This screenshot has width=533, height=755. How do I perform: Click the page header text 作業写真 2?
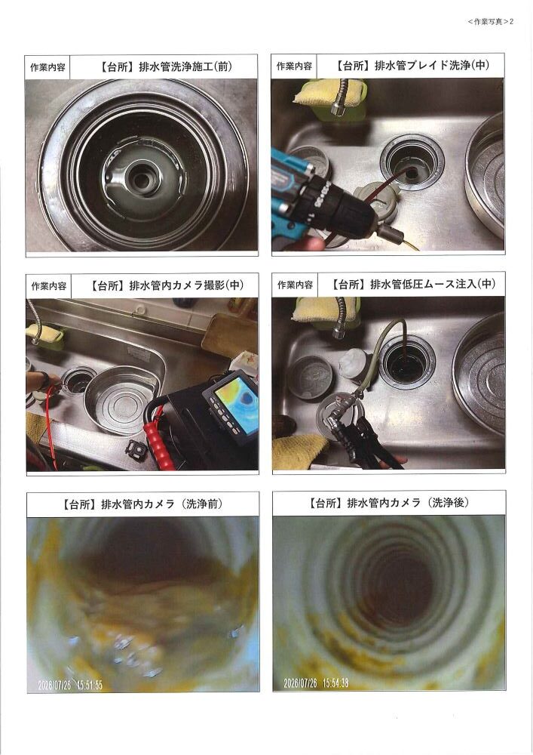(491, 22)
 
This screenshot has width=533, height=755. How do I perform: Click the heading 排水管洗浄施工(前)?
(185, 66)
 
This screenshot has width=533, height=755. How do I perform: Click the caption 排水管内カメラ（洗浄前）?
(161, 504)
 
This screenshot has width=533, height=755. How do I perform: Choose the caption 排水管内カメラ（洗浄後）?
(408, 503)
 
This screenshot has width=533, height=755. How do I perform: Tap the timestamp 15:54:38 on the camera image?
(335, 683)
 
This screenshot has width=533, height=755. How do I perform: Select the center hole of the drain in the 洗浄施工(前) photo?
(141, 180)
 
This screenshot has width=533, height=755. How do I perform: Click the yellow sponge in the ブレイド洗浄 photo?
(329, 93)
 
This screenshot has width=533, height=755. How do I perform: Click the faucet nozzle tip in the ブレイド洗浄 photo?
(338, 109)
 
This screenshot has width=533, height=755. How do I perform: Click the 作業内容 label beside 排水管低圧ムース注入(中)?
(295, 285)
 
